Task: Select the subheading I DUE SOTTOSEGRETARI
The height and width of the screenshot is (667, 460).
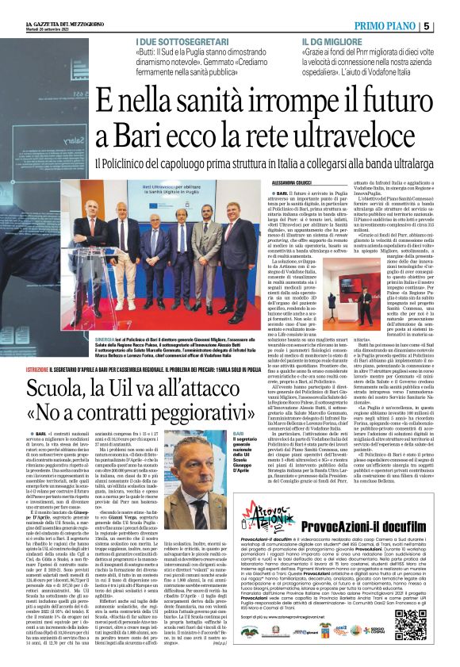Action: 176,38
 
